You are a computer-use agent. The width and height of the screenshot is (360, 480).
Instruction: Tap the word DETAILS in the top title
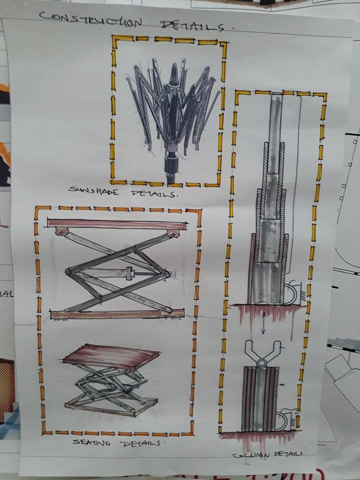coord(192,25)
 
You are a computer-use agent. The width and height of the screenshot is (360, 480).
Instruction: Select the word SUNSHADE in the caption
coord(93,190)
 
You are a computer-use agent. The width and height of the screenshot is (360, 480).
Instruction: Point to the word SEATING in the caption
coord(91,442)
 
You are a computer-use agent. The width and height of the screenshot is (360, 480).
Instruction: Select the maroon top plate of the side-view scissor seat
coord(117,224)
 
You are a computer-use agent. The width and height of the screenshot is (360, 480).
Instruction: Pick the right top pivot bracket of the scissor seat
coord(173,233)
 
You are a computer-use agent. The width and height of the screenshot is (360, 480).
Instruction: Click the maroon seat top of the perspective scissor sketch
coord(111,356)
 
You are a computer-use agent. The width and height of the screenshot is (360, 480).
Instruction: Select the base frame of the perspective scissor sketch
coord(111,404)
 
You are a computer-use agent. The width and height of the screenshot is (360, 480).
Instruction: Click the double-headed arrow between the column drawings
coord(263,325)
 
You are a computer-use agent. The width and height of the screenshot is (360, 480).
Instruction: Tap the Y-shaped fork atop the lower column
coord(262,351)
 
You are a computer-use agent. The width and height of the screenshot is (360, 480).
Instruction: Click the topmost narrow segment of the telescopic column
coord(276,119)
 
